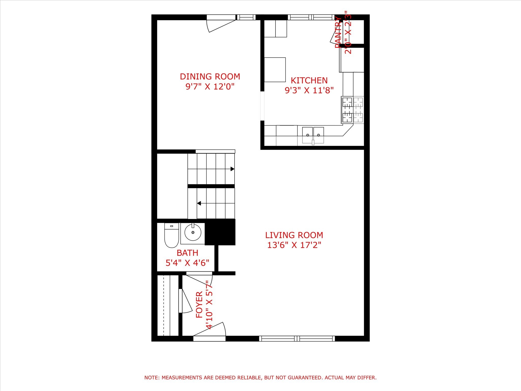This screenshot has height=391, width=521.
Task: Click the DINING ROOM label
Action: coord(210,76)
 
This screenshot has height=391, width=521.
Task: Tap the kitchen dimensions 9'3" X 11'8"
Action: coord(309,90)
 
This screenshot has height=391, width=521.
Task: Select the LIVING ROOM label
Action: coord(294,235)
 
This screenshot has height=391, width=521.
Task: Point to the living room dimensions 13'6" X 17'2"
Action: coord(294,245)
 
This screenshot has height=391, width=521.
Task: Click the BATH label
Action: coord(187,253)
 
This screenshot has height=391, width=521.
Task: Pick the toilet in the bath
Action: coord(171,236)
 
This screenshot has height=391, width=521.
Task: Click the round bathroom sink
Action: coord(193,232)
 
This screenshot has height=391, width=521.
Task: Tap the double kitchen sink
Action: coord(313,135)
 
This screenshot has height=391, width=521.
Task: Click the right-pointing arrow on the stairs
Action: coord(232,169)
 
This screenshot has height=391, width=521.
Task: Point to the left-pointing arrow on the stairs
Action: coord(199,203)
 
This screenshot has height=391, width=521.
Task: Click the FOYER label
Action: coord(199,304)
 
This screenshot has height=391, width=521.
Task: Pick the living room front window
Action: coord(297,338)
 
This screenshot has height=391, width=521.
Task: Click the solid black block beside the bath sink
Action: coord(220,232)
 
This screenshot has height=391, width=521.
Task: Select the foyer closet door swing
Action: coord(185,301)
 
